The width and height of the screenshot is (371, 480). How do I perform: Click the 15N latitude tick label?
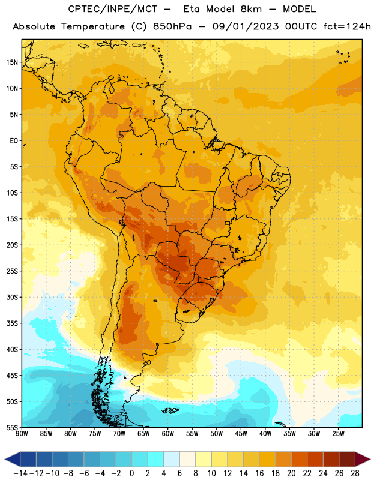tap(12, 62)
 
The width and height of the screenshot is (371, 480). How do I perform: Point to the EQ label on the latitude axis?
tap(14, 141)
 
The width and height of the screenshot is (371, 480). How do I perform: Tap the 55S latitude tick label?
tap(12, 428)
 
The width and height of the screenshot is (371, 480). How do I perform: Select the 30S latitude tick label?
tap(12, 297)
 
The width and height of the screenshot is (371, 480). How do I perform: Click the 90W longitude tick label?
tap(22, 434)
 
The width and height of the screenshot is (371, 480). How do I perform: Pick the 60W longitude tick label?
tap(168, 434)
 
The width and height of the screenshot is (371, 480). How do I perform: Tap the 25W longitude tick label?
tap(338, 434)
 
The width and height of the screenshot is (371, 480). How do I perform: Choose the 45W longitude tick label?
tap(241, 434)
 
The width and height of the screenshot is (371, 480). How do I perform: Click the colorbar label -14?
tap(20, 473)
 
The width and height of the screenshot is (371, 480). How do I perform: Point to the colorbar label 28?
tap(355, 473)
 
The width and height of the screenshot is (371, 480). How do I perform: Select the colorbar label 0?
tap(131, 473)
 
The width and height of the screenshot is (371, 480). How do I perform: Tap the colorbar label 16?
tap(259, 473)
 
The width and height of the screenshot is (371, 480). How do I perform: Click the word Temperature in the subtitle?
tap(93, 26)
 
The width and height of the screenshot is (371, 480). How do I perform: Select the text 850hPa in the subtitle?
tap(172, 26)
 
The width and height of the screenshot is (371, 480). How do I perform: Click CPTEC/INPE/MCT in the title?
tap(112, 9)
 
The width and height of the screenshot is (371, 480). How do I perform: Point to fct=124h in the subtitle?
tap(347, 26)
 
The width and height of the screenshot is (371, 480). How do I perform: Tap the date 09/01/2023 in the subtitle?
tap(246, 26)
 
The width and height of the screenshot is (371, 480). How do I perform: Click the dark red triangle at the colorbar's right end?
tap(363, 459)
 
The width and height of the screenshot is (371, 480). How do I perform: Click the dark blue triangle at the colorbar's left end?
tap(13, 459)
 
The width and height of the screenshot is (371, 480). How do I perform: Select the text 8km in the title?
tap(251, 9)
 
